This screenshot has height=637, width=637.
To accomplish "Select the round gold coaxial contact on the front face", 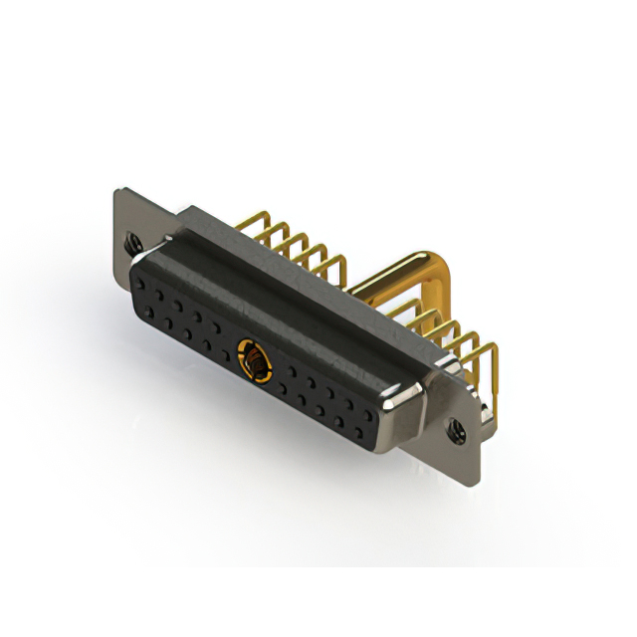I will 255,359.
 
